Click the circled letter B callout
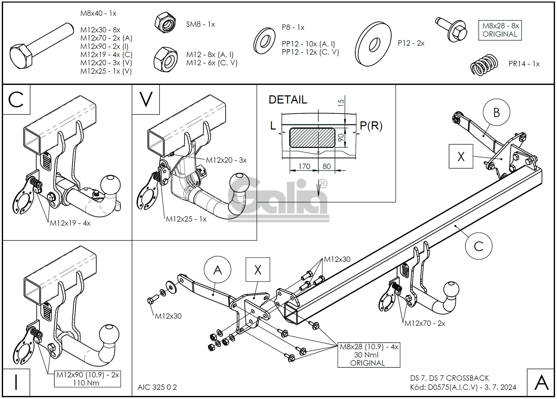(x=496, y=112)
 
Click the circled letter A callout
(x=217, y=270)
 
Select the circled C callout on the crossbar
(x=478, y=246)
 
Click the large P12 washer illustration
(x=373, y=44)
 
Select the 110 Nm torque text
(x=86, y=383)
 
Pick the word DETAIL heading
(x=288, y=100)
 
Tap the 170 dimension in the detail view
(x=304, y=166)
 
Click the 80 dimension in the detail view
(x=326, y=166)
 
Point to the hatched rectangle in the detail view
(x=312, y=138)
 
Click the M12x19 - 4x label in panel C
(x=70, y=223)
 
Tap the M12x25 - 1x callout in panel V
(x=186, y=219)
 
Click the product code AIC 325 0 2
(x=157, y=387)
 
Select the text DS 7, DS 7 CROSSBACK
(x=450, y=378)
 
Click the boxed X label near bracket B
(x=461, y=156)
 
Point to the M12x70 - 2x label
(x=425, y=323)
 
